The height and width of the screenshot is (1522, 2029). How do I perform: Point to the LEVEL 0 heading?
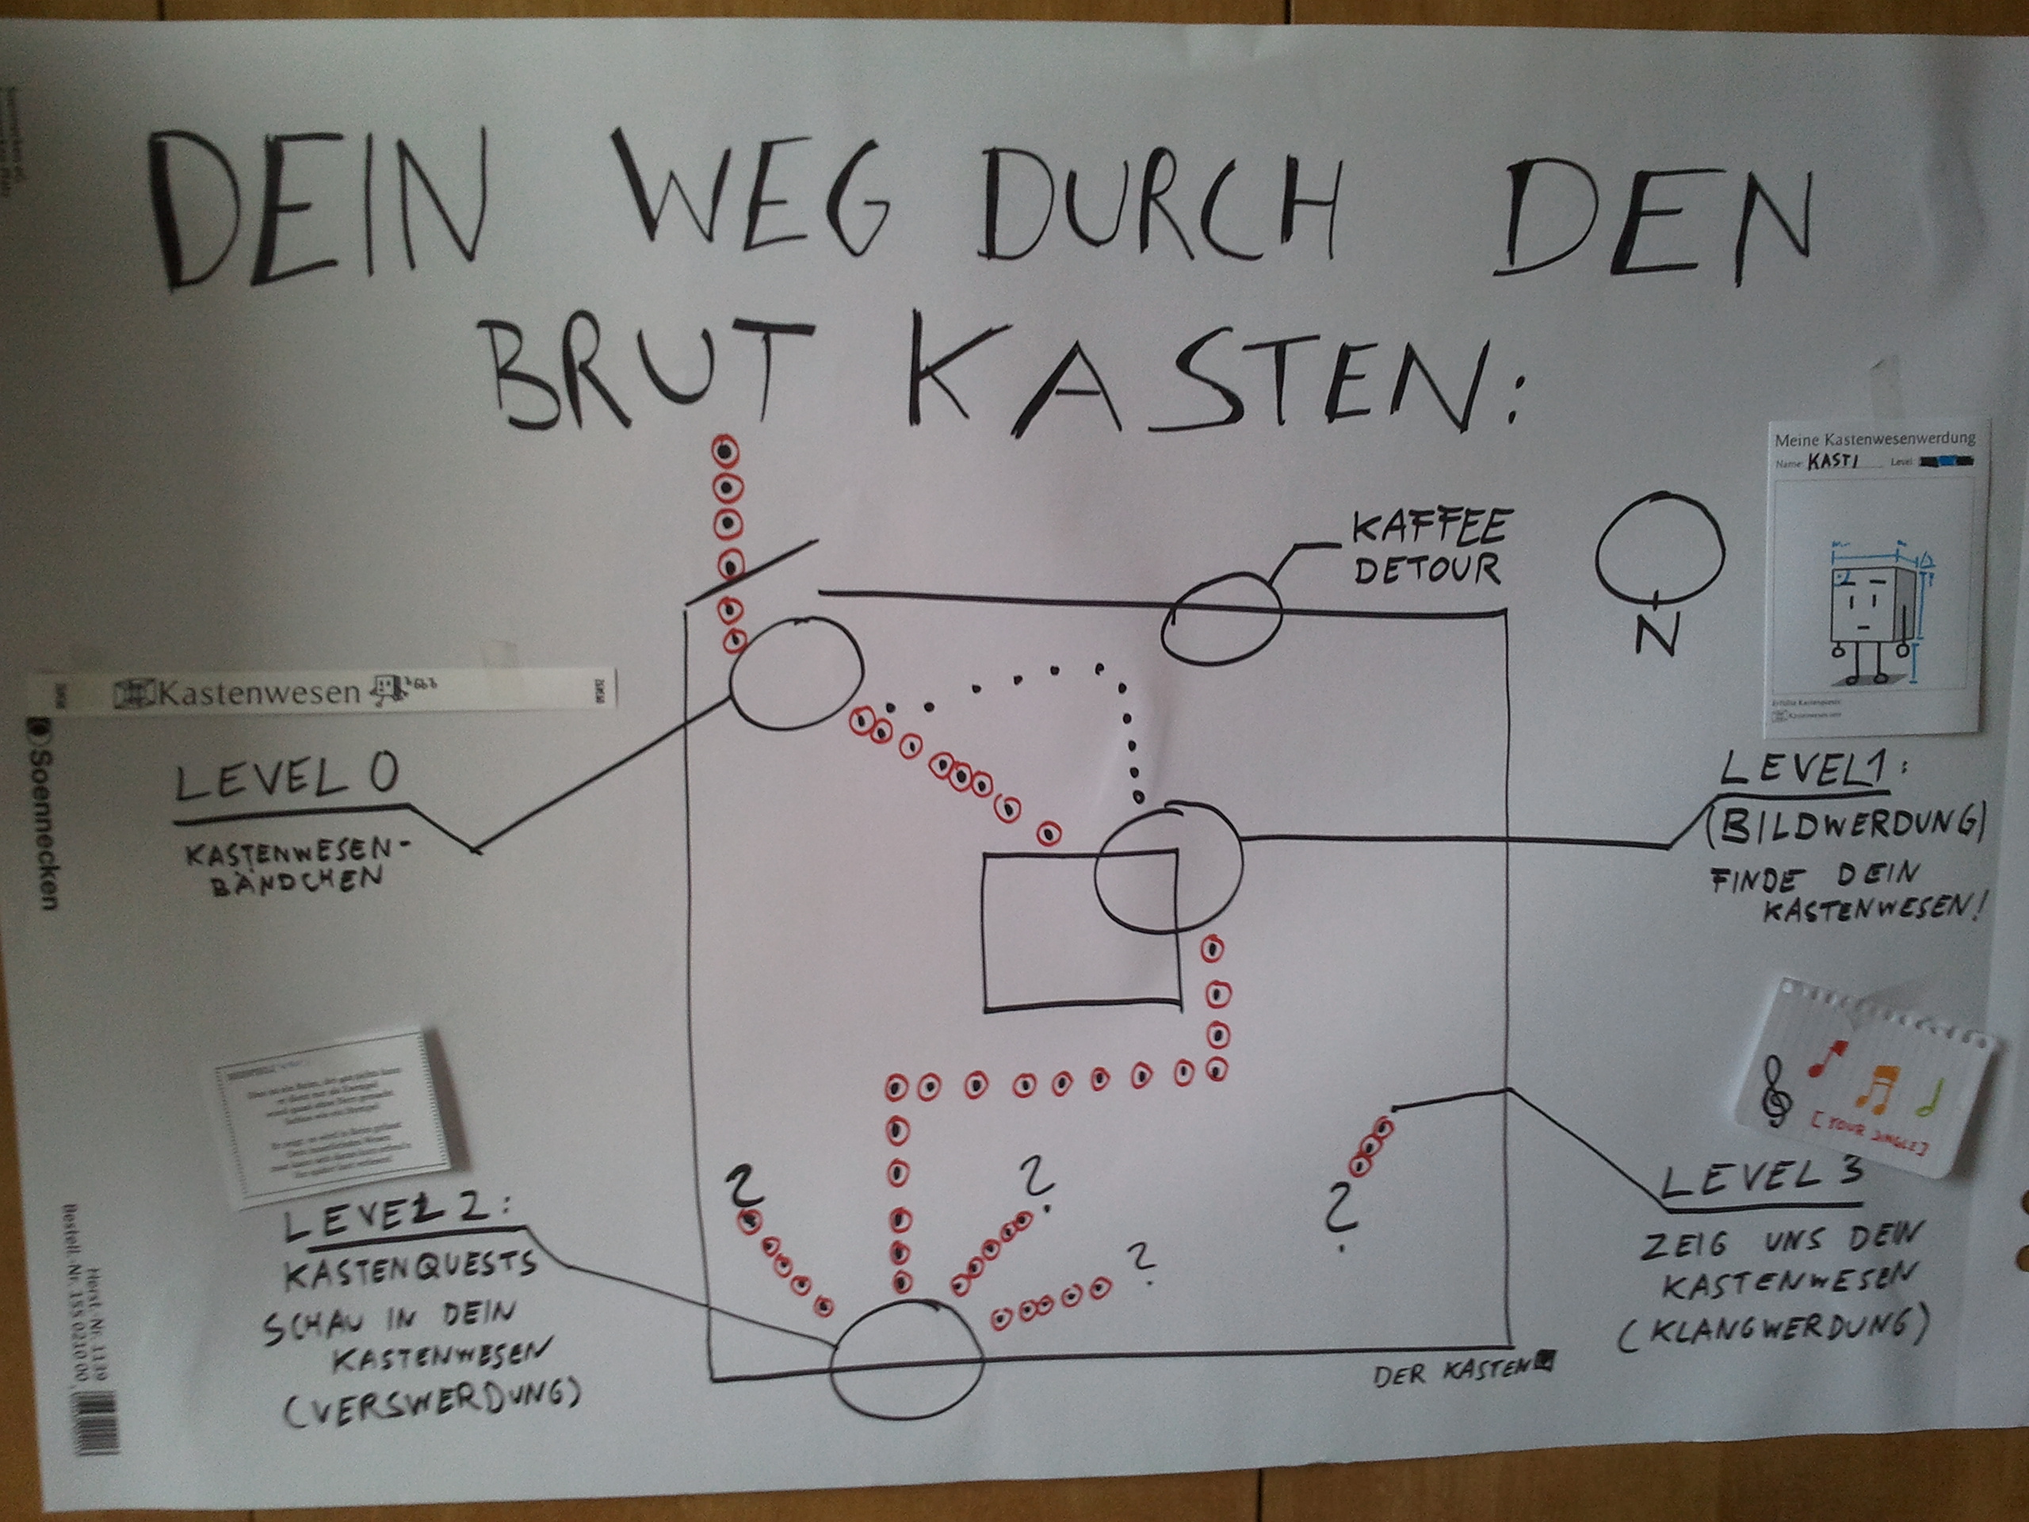point(286,780)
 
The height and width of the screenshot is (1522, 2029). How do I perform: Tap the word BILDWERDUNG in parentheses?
point(1844,826)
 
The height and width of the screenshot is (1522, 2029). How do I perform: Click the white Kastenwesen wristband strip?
point(326,690)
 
